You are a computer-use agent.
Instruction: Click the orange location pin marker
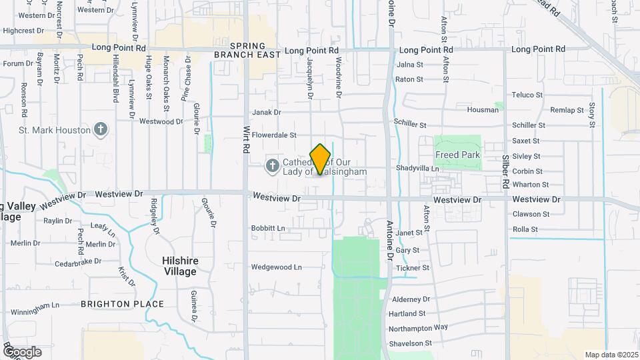coord(321,159)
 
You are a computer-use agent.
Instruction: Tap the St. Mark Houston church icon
coord(100,129)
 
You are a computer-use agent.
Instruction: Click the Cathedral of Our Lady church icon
coord(272,165)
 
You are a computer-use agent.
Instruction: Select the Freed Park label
coord(457,155)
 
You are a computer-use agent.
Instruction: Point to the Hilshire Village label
coord(180,266)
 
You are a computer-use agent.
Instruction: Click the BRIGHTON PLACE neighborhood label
coord(122,304)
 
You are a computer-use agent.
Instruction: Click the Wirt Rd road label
coord(246,140)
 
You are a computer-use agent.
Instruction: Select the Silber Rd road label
coord(506,174)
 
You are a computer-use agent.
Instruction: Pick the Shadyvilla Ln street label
coord(417,169)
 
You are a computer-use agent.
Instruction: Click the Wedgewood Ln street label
coord(276,267)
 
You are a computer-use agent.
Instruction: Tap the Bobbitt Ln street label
coord(268,228)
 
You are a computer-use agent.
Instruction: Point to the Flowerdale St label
coord(274,135)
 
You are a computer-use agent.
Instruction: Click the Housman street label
coord(483,110)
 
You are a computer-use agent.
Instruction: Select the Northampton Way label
coord(418,328)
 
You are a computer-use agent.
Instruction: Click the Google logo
coord(21,351)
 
